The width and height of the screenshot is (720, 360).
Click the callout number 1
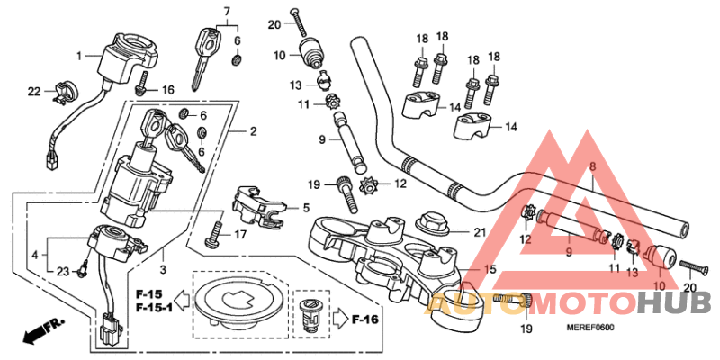(78, 56)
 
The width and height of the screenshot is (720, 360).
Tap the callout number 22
(34, 91)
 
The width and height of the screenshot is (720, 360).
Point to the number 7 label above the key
(227, 11)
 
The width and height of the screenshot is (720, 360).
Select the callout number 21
(480, 233)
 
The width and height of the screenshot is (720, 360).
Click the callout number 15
(490, 269)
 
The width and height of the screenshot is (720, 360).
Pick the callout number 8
(592, 167)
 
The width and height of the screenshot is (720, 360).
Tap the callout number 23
(62, 272)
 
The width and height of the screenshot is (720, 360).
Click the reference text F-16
(366, 319)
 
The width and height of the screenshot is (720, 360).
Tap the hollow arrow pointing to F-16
(339, 319)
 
